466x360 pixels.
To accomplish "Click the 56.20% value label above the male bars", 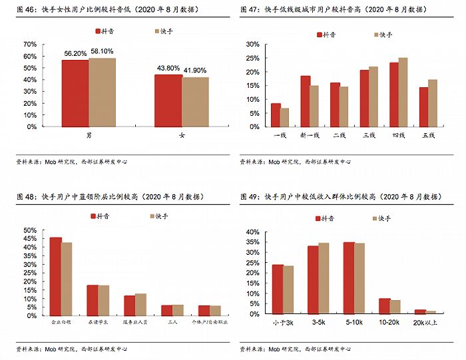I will [75, 53].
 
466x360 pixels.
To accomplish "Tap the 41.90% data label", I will [195, 70].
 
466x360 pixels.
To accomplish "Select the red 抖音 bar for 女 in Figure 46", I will [168, 100].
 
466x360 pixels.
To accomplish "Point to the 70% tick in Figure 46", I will [30, 44].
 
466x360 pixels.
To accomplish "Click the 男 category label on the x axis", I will [89, 135].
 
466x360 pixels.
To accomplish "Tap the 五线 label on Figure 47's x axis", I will [429, 135].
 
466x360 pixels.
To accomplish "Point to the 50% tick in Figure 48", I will [30, 230].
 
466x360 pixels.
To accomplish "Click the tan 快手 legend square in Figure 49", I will [375, 218].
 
